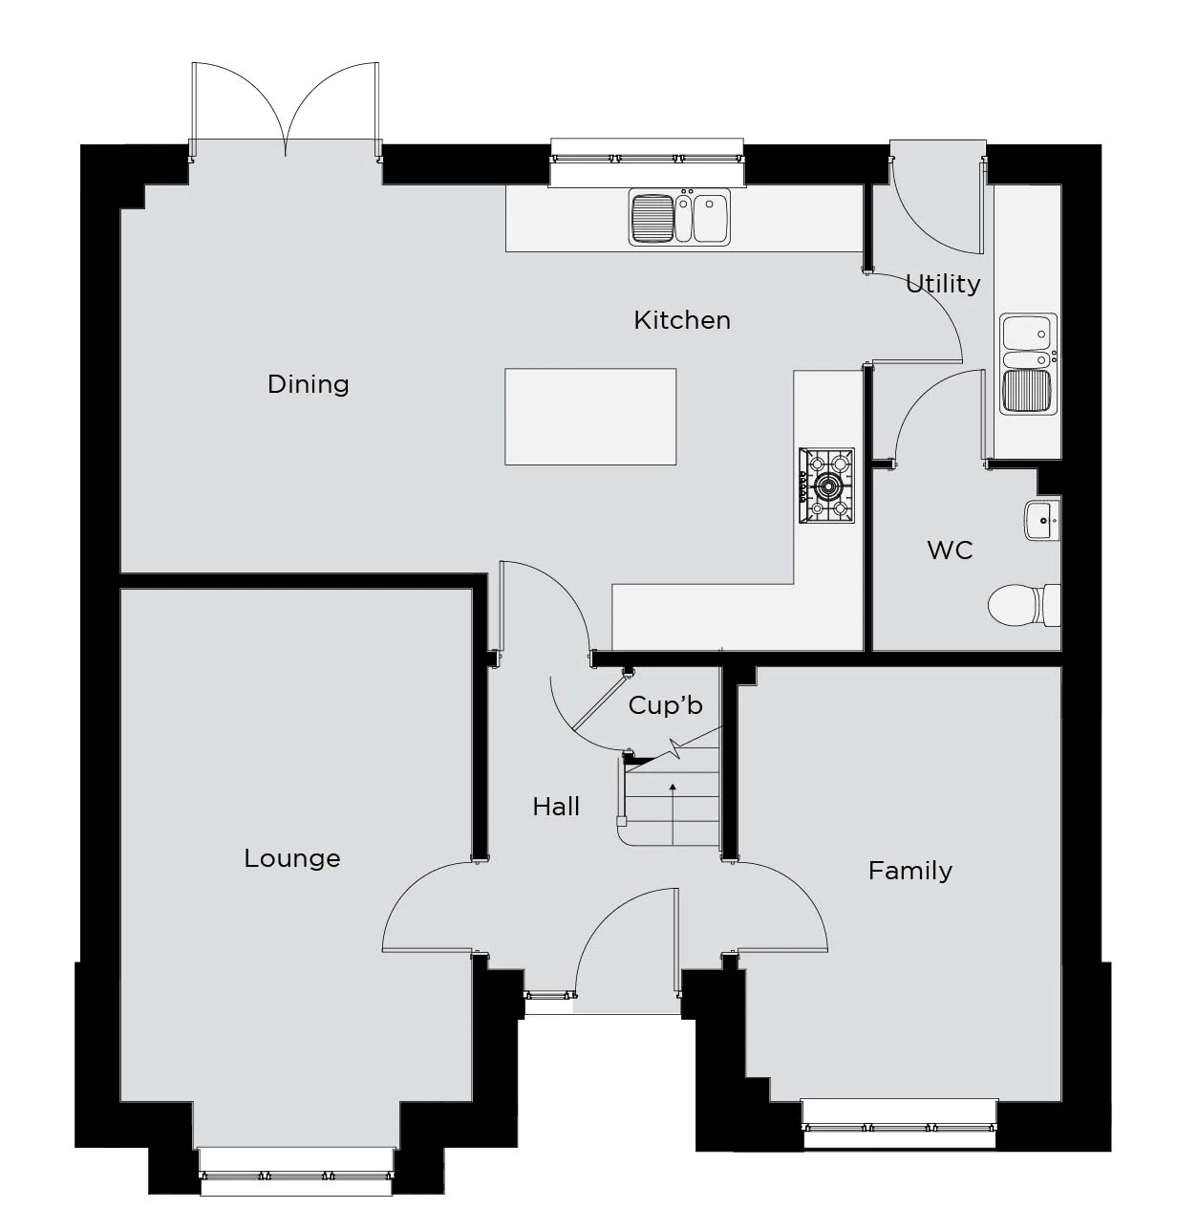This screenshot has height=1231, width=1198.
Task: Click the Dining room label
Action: point(308,384)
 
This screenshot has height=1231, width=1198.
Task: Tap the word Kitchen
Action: point(682,321)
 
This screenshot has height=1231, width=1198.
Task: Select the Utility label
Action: point(943,285)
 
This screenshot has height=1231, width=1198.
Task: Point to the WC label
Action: point(950,551)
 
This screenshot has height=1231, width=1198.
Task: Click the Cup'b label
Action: point(665,705)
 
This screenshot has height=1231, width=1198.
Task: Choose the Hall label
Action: point(556,807)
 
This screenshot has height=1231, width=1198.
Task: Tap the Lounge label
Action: point(292,858)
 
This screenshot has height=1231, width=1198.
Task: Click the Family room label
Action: point(910,871)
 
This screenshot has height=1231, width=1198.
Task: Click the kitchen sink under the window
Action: point(679,217)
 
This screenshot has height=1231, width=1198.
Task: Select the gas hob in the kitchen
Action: point(827,486)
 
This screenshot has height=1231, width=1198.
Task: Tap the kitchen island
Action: point(590,417)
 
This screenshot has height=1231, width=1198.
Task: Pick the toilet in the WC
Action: point(1024,605)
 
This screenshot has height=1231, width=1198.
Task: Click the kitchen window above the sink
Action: point(647,158)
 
